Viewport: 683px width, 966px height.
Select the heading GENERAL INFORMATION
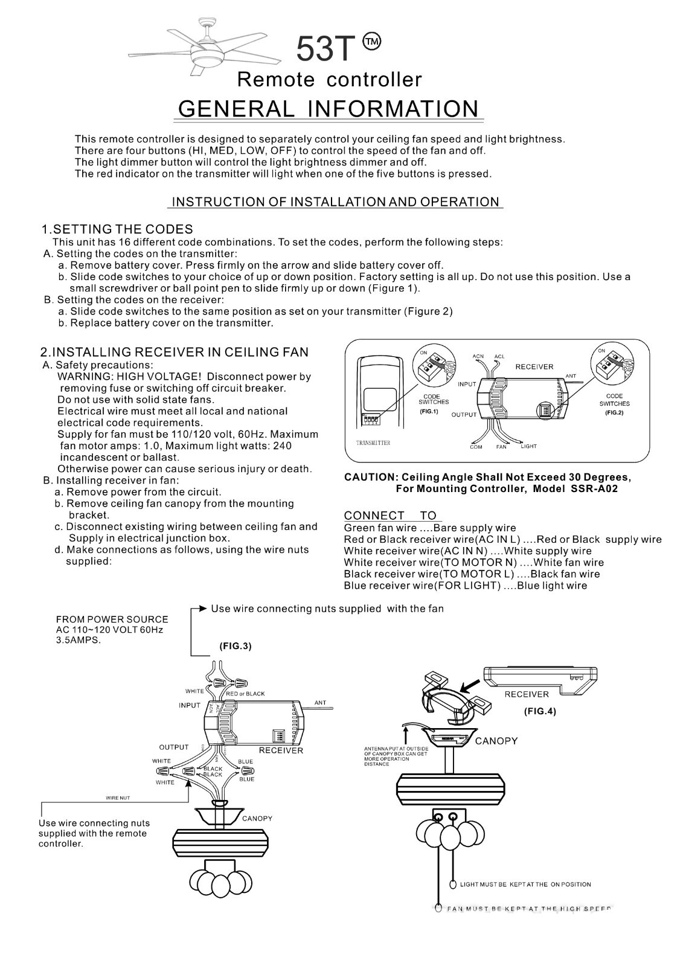329,109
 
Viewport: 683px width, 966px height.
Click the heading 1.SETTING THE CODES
117,229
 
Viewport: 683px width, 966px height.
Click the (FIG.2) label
614,412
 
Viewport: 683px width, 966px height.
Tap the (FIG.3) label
235,646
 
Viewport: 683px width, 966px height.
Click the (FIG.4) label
539,711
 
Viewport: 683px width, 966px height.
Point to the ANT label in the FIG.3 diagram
320,703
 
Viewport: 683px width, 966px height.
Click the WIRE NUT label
118,798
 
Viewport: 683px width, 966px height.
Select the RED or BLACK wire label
245,694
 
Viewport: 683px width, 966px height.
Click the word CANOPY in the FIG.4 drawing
496,741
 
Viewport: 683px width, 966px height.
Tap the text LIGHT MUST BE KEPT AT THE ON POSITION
525,884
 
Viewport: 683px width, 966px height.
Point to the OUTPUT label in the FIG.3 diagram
174,747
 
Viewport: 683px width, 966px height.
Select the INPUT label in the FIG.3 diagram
189,705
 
